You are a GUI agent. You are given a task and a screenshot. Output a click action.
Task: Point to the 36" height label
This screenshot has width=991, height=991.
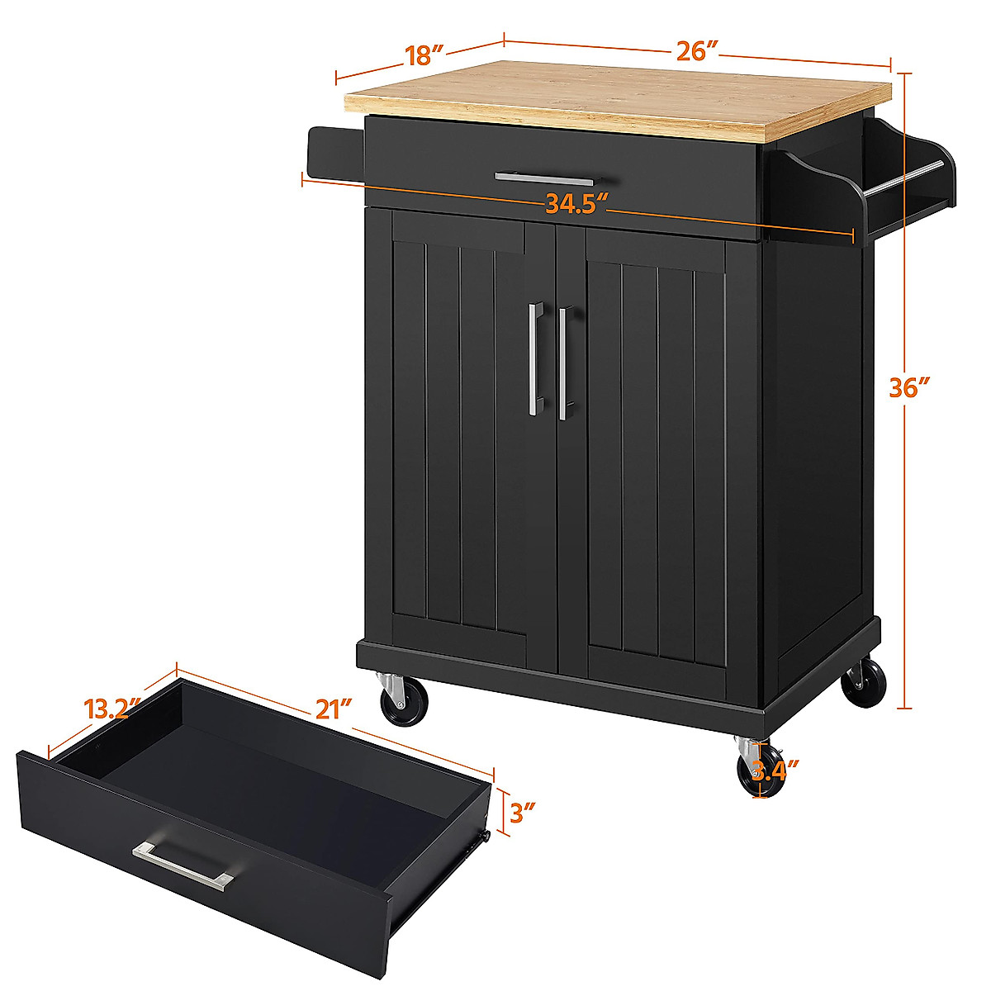(909, 387)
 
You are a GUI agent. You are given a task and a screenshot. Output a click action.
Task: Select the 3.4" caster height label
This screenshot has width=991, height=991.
(774, 771)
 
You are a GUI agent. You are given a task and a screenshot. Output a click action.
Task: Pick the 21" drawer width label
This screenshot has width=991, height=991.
(334, 708)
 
